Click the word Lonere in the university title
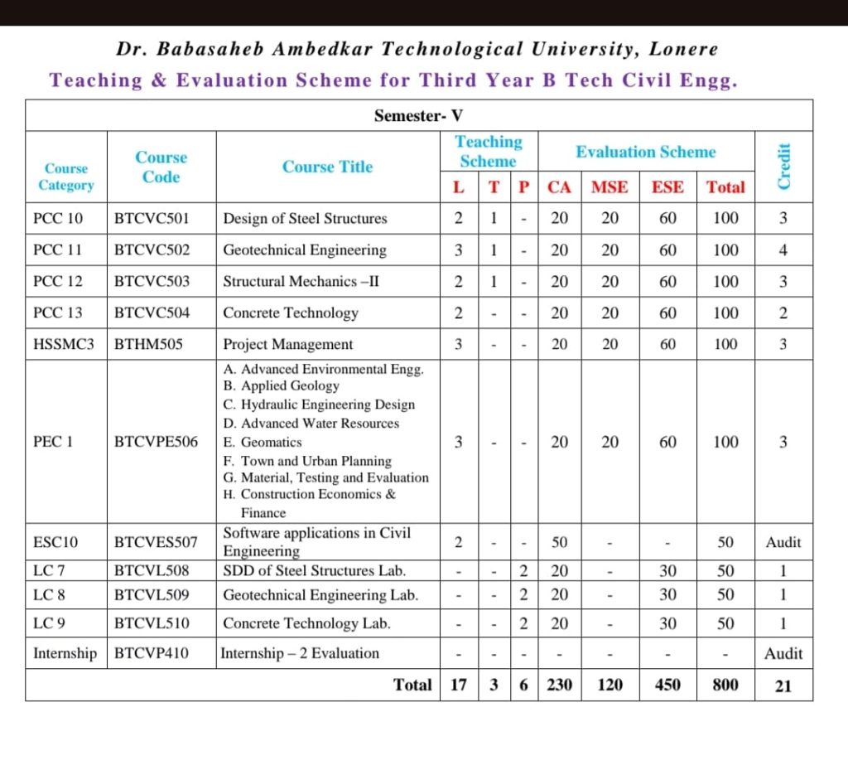(x=684, y=49)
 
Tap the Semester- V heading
(x=418, y=116)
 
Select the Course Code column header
(x=161, y=167)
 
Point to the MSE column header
(x=609, y=187)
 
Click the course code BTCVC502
(x=152, y=250)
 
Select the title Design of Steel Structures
(x=305, y=219)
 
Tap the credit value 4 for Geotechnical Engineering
(x=783, y=250)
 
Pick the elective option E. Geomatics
(x=263, y=443)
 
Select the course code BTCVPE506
(x=156, y=443)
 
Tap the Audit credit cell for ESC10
(x=783, y=542)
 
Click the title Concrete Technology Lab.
(x=306, y=623)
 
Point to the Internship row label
(x=65, y=653)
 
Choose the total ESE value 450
(x=667, y=685)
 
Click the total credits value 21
(x=783, y=686)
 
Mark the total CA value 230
(x=560, y=685)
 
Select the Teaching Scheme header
(x=489, y=152)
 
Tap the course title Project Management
(x=288, y=344)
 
